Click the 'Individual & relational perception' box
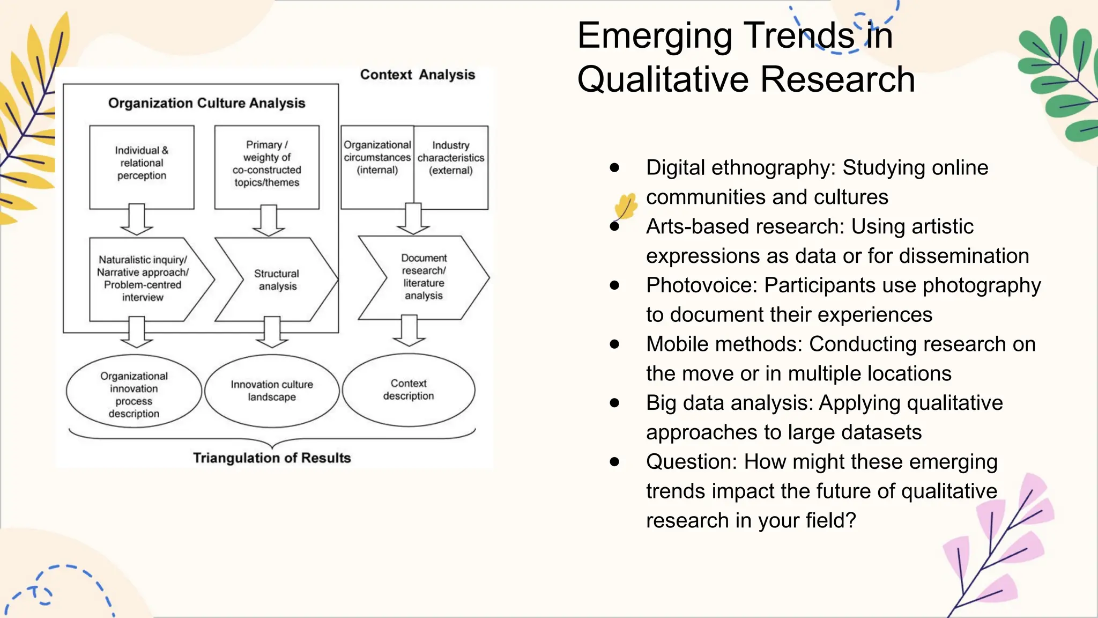142,167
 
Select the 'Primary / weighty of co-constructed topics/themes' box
266,167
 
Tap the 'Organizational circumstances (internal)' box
377,167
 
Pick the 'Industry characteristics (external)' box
451,167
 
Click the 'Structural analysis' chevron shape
277,279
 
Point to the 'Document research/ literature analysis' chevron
424,277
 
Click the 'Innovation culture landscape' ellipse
272,391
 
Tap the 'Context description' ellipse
409,389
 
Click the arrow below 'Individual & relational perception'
137,220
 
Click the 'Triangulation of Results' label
272,458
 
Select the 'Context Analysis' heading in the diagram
417,75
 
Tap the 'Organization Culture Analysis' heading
206,103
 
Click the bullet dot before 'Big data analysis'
614,403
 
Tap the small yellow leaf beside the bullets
626,206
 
